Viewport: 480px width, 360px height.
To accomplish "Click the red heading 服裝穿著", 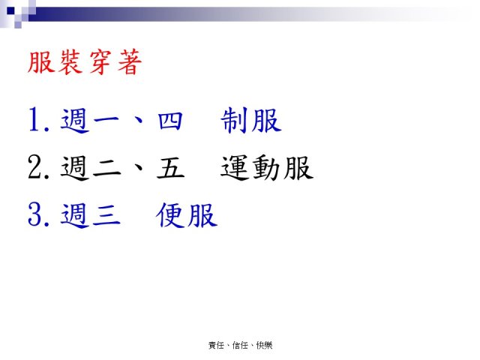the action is coord(85,62).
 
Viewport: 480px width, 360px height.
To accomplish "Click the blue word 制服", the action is coord(251,120).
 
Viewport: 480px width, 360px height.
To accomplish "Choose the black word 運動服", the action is coord(267,167).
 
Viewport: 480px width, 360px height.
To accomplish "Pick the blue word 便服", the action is coord(187,215).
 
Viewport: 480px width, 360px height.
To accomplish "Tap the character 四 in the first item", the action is coord(170,121).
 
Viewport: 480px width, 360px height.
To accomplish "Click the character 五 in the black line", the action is coord(170,168).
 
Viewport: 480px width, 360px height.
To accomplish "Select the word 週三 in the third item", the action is coord(90,215).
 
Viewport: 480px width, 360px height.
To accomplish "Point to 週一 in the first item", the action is coord(90,120).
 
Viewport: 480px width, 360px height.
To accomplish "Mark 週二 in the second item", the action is coord(90,167).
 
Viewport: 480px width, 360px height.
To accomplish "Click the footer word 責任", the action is coord(216,345).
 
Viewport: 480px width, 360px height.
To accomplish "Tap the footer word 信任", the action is coord(240,345).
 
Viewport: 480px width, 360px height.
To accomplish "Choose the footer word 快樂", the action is coord(264,345).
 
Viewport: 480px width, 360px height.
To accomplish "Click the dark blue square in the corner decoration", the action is coord(10,11).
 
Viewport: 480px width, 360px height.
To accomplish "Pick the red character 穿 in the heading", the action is coord(100,62).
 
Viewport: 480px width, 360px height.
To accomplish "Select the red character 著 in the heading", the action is coord(130,62).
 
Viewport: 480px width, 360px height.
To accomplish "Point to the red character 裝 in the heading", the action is coord(71,62).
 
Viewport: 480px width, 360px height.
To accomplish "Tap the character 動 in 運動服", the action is coord(266,167).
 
